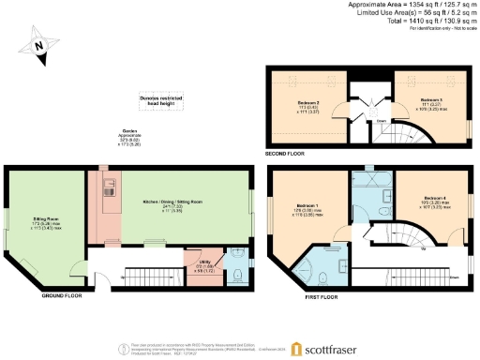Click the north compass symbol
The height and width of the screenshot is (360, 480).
[37, 46]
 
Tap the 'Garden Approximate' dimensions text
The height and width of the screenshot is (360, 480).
[131, 138]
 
